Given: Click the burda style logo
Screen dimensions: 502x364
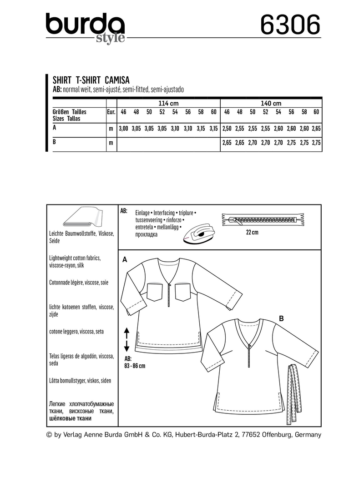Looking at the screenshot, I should [85, 27].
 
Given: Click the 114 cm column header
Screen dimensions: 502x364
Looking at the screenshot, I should [168, 103].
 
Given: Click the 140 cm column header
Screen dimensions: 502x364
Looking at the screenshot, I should [271, 103].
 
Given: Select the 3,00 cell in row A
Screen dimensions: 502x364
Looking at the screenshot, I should [123, 129].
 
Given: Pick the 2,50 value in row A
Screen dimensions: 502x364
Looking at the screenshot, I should [227, 129].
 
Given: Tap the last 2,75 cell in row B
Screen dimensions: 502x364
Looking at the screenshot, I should [317, 142].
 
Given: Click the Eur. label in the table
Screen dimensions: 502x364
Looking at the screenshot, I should [111, 112].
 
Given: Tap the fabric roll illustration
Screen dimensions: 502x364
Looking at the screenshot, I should [83, 219].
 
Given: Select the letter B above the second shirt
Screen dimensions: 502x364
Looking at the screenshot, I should [281, 319].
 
